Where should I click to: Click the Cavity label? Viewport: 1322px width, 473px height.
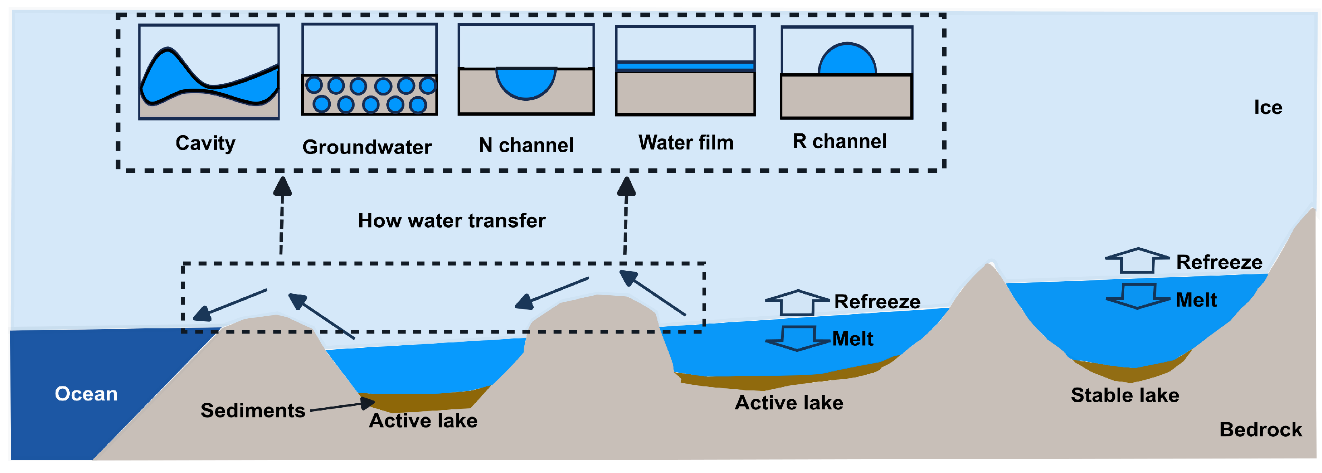coord(205,143)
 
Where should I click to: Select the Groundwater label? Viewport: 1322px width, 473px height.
coord(367,147)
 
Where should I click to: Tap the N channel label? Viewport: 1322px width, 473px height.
coord(526,145)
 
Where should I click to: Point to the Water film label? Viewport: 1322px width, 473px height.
coord(686,143)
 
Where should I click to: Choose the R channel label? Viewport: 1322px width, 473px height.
coord(839,142)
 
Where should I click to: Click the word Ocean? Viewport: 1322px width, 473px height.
coord(86,394)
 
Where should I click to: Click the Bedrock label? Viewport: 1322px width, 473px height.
coord(1260,430)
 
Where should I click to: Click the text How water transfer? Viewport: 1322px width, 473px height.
coord(452,221)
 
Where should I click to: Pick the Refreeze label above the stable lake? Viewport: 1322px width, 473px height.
coord(1219,262)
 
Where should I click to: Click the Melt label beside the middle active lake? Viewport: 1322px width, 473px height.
coord(852,339)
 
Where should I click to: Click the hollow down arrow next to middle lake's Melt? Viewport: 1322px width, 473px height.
coord(798,339)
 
